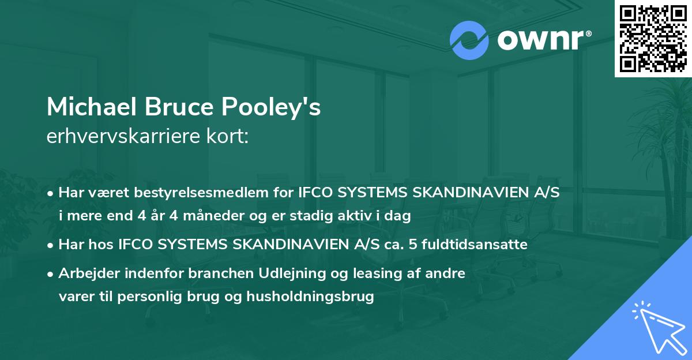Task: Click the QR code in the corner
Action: click(x=653, y=38)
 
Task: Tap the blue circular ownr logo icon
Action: click(x=469, y=40)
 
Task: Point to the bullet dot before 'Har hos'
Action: click(x=51, y=245)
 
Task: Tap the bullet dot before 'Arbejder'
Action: click(x=51, y=273)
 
